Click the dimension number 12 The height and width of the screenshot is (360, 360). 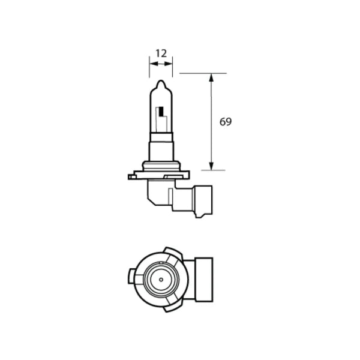coord(160,53)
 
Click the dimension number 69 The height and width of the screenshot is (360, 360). coord(225,122)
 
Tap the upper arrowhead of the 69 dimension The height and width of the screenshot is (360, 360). coord(211,77)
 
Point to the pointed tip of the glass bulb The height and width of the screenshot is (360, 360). coord(161,82)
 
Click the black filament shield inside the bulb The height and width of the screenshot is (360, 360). coord(161,112)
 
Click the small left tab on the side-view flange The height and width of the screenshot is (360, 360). coord(131,176)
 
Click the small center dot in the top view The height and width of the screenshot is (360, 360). coord(161,279)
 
